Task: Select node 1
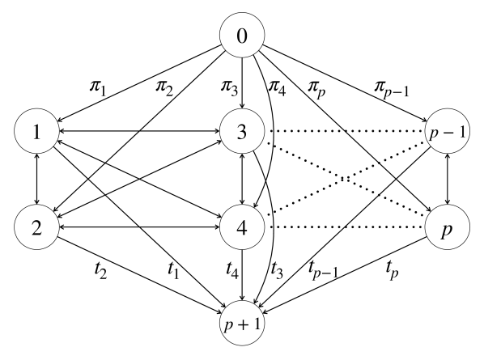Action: tap(36, 129)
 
